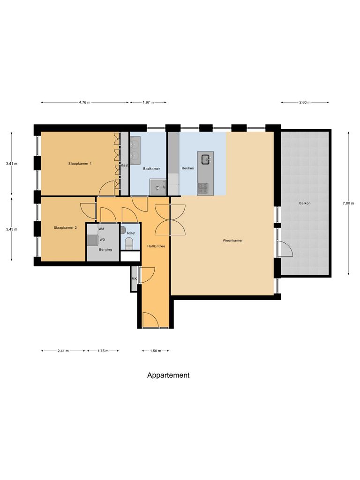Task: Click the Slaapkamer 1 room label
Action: tap(80, 164)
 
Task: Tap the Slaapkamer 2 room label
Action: tap(66, 227)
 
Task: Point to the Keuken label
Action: tap(187, 168)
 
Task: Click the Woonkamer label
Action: tap(232, 241)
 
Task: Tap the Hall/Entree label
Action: tap(156, 246)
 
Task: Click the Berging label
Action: tap(105, 249)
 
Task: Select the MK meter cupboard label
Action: tap(134, 279)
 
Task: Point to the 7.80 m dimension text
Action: tap(348, 203)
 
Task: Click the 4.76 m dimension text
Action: tap(84, 102)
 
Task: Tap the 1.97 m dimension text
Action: tap(148, 102)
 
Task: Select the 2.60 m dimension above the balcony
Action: tap(305, 102)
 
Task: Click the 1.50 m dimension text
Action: tap(155, 351)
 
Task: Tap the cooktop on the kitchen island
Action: tap(203, 188)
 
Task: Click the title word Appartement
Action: tap(168, 375)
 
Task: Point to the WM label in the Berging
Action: tap(101, 228)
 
